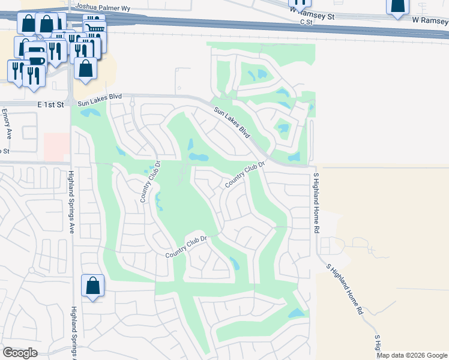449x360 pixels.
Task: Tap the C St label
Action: (x=307, y=22)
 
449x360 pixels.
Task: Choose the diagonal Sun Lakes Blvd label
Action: (x=232, y=122)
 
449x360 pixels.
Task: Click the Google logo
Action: (x=20, y=353)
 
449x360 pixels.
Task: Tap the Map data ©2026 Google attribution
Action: (x=412, y=355)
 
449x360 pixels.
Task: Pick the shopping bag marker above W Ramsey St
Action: (x=397, y=7)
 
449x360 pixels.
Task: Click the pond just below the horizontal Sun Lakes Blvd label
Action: (x=90, y=112)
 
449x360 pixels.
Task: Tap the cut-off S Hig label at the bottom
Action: (x=378, y=344)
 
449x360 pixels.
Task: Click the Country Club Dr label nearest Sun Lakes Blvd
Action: (x=246, y=175)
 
